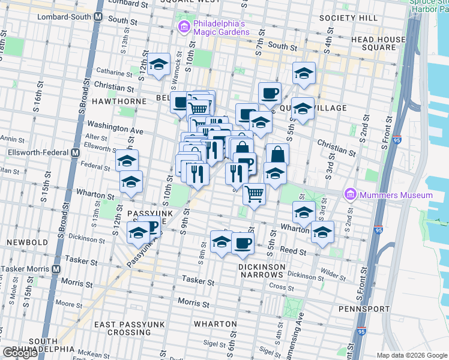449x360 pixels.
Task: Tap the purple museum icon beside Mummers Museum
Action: [350, 195]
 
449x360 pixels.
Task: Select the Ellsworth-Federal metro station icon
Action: [75, 152]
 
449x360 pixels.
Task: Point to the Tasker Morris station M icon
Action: [56, 269]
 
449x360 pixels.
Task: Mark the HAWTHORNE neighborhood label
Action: [119, 101]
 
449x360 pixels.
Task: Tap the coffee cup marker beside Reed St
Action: [243, 243]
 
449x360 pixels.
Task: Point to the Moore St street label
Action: [71, 305]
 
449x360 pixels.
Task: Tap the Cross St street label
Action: [277, 287]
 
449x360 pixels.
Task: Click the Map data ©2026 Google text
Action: [411, 355]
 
